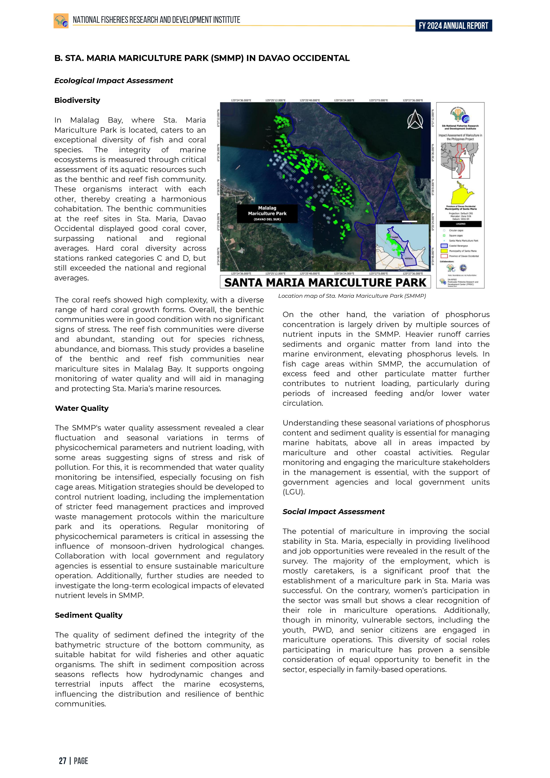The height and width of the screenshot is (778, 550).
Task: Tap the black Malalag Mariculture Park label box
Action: [x=267, y=214]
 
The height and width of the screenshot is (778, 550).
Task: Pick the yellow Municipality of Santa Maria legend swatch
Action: [x=444, y=251]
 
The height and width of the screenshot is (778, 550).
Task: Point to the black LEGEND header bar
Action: [x=460, y=224]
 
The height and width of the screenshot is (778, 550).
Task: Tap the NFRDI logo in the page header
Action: [x=61, y=21]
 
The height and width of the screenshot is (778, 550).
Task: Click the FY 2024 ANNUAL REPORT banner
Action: [x=453, y=26]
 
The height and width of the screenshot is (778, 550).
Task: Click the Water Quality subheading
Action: [x=82, y=408]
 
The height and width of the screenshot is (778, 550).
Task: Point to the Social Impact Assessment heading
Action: [x=333, y=512]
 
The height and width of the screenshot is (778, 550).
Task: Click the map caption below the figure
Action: [x=352, y=296]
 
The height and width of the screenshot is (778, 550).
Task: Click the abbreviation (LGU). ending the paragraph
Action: [x=294, y=492]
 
